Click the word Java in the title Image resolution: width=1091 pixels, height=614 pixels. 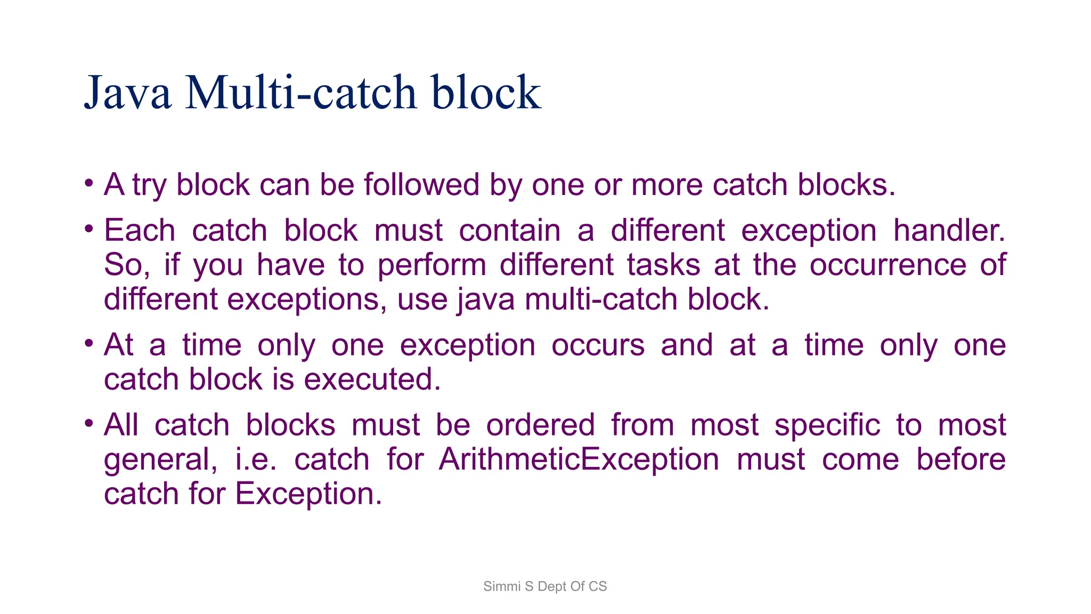click(128, 93)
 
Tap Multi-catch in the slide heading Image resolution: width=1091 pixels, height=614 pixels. click(301, 93)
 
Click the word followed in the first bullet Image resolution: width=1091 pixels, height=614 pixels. click(421, 185)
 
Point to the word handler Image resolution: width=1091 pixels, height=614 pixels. click(949, 231)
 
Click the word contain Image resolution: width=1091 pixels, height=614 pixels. click(510, 231)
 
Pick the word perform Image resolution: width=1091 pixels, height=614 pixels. click(432, 265)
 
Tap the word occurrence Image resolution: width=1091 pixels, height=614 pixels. click(888, 265)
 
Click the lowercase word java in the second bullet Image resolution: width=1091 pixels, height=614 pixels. click(487, 300)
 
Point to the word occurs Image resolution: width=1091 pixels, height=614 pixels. click(598, 345)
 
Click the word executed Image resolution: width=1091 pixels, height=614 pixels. click(372, 379)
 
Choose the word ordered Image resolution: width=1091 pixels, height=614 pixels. click(540, 425)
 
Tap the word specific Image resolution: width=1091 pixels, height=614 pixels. click(827, 426)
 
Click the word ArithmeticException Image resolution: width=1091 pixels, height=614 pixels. click(579, 459)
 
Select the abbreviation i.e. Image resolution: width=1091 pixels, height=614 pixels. click(256, 459)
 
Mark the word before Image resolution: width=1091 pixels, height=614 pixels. click(960, 459)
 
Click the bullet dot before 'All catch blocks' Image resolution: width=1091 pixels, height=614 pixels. click(89, 424)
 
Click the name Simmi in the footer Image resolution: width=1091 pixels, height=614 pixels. click(501, 586)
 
